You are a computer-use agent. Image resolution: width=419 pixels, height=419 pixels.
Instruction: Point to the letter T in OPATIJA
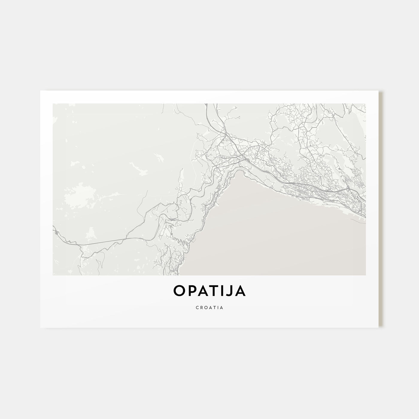click(x=217, y=291)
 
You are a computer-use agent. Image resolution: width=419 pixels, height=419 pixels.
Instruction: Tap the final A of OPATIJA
click(x=241, y=291)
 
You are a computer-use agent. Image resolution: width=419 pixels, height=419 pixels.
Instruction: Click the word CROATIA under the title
click(x=209, y=307)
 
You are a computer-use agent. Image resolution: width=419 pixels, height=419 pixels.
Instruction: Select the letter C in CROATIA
click(x=198, y=307)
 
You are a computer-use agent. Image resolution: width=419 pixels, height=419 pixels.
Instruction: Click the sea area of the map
click(x=269, y=233)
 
